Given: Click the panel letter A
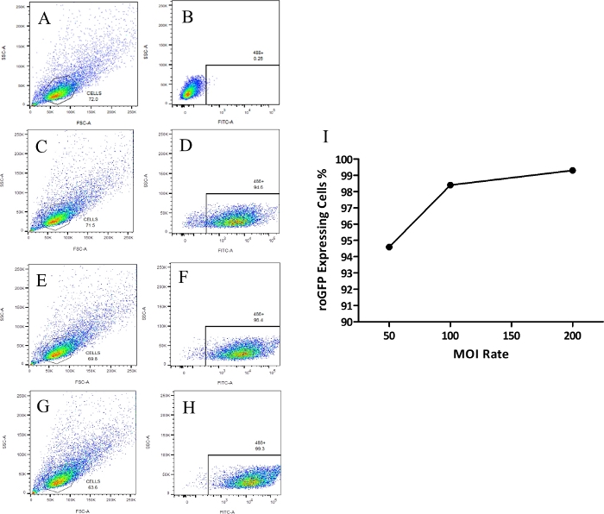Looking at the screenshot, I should (x=43, y=19).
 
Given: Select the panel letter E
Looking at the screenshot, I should (x=41, y=278).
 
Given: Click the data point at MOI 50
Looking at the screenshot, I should (x=389, y=247).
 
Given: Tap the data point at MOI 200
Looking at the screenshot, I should (x=572, y=170).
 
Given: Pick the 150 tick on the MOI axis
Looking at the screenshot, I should (x=511, y=336).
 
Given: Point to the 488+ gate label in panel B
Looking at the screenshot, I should (x=248, y=51).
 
